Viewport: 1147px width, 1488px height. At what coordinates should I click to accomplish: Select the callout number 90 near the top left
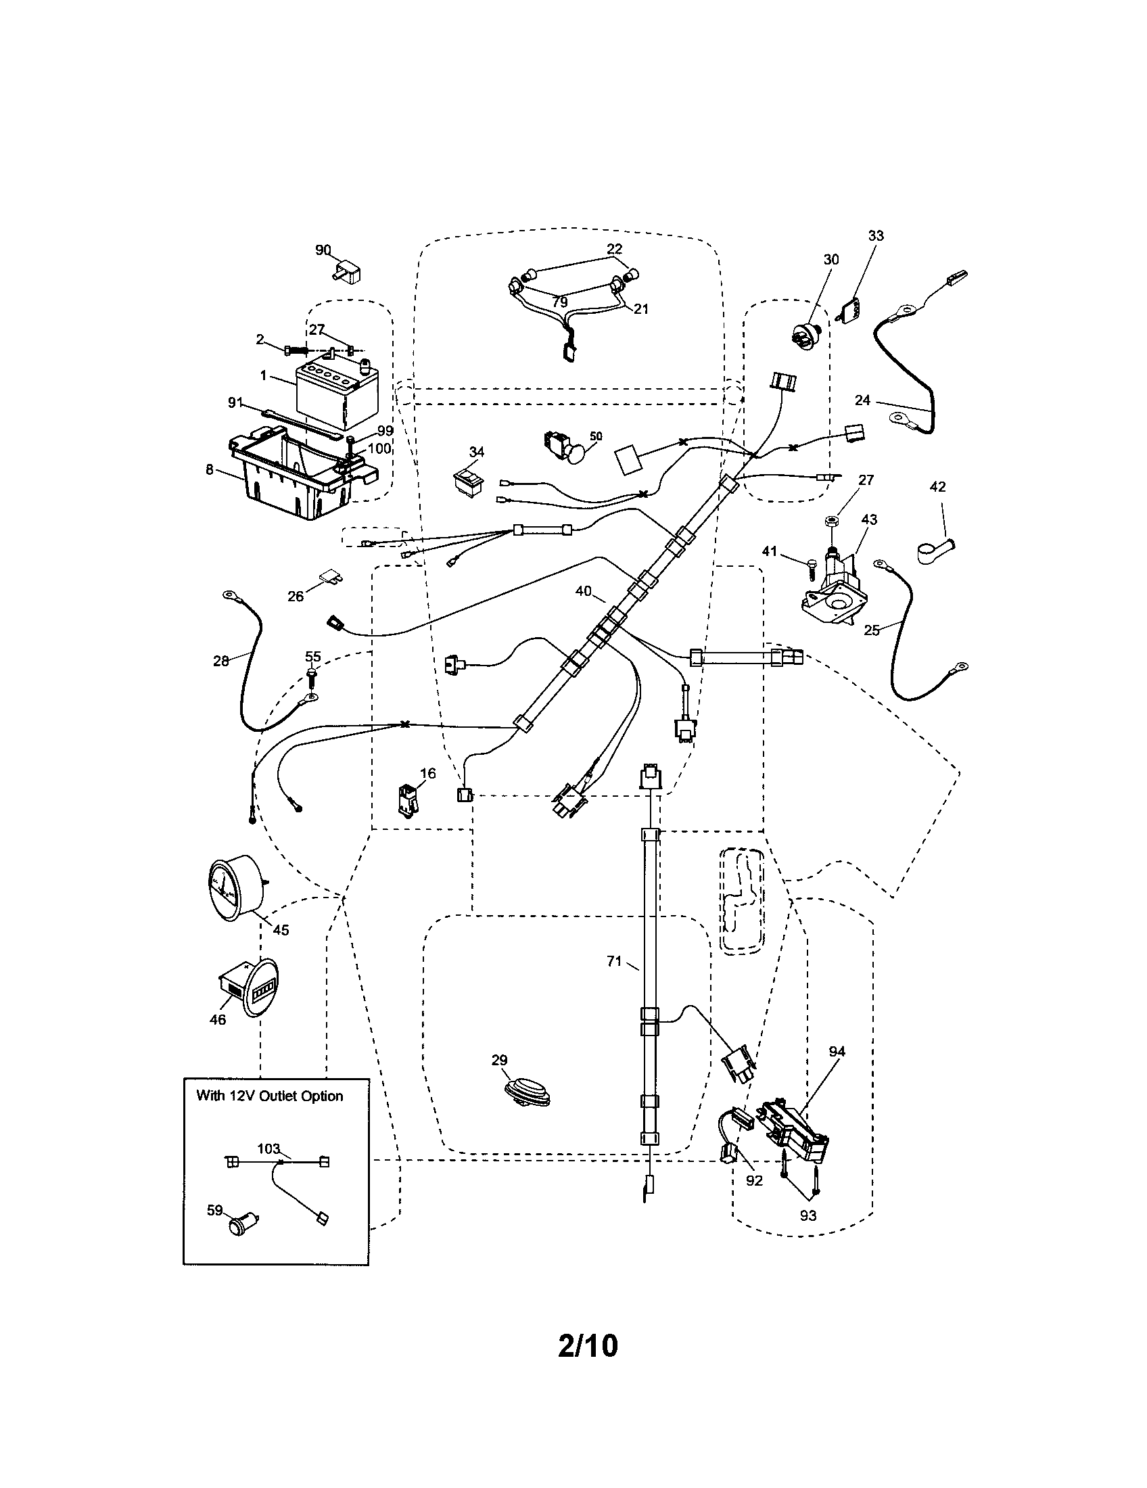point(323,250)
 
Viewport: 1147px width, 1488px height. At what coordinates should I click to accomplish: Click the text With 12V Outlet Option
point(270,1096)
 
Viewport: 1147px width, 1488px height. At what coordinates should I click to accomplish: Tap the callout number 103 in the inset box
point(268,1148)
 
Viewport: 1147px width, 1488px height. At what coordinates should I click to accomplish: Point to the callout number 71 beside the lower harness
point(613,961)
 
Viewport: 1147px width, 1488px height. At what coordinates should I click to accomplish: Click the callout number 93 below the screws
point(807,1215)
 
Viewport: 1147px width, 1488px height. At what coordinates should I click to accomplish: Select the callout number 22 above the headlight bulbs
point(614,249)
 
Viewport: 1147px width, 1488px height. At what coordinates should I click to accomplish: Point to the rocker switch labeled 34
point(469,480)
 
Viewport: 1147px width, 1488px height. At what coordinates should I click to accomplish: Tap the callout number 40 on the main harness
point(583,591)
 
